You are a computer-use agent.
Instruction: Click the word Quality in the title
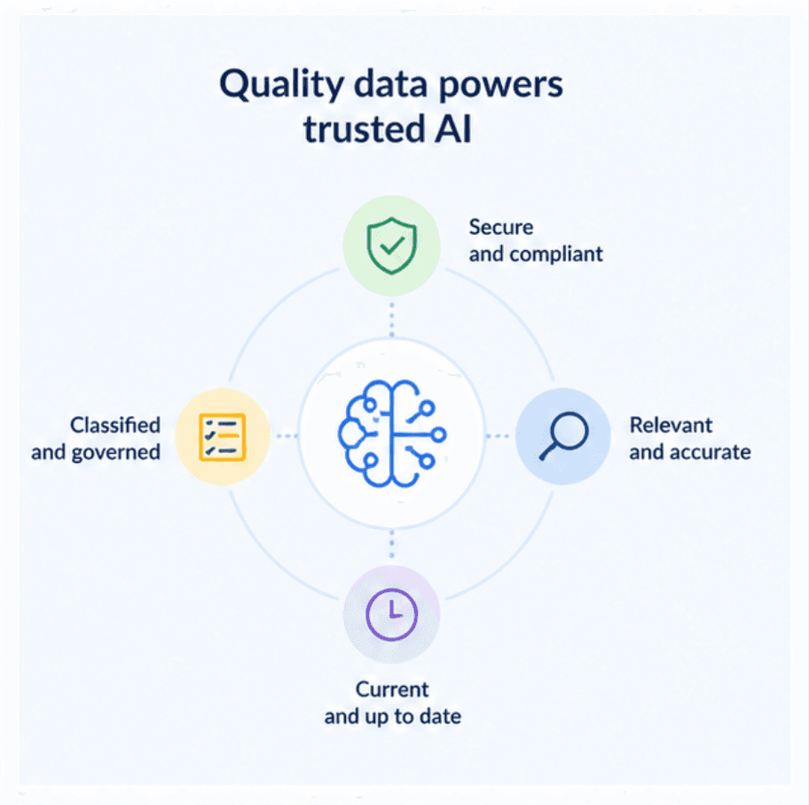282,84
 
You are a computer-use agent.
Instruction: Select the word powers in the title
500,86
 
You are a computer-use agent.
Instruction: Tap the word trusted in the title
365,129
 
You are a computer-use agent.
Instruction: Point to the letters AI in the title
453,129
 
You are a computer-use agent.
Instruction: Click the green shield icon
391,246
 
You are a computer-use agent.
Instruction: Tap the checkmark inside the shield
392,246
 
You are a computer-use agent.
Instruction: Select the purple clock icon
391,614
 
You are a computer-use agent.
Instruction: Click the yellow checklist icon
223,437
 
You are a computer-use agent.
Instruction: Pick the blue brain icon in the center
392,434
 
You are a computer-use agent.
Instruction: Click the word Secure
501,227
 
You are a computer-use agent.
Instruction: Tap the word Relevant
671,425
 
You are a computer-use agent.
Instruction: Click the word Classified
115,425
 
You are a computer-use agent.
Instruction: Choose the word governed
115,453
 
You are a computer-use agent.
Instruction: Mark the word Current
392,690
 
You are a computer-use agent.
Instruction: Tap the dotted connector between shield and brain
391,319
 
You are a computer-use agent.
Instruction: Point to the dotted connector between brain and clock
391,544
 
